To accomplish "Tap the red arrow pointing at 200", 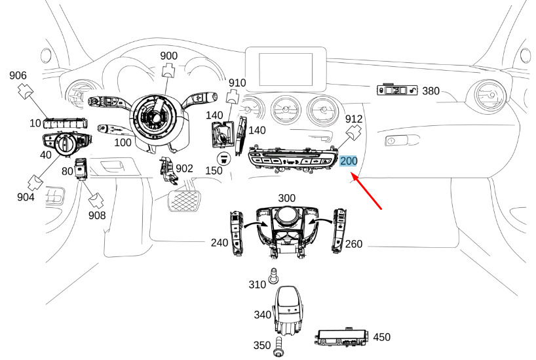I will tap(368, 191).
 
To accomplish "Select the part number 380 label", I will tap(431, 91).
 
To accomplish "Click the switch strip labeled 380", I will tap(398, 90).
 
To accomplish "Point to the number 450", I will tap(381, 338).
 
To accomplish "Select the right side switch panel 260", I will tap(339, 229).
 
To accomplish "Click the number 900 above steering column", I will tap(169, 56).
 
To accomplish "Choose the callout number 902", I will tap(184, 169).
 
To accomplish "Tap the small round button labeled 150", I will tap(223, 158).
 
